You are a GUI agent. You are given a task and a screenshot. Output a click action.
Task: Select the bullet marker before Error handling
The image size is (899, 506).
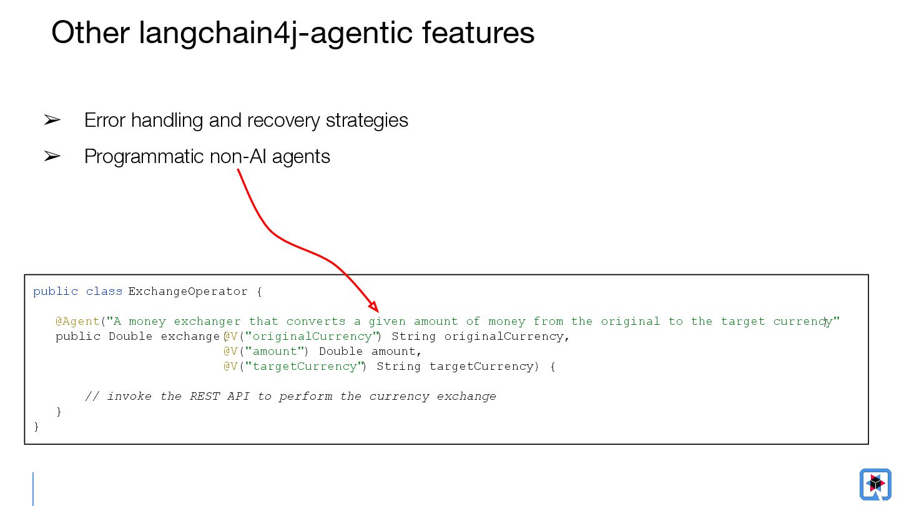[52, 120]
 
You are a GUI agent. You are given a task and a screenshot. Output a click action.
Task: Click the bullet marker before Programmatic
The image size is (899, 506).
[52, 156]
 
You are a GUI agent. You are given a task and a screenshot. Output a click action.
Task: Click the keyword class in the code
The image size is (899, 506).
[104, 291]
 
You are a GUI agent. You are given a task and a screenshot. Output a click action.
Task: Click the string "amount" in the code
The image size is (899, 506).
[275, 351]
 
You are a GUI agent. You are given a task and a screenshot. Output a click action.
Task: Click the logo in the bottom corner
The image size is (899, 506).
[875, 484]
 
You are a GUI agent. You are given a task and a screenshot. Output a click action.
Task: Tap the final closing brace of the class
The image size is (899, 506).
[36, 427]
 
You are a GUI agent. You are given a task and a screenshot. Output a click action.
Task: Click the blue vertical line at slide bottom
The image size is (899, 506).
[33, 489]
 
